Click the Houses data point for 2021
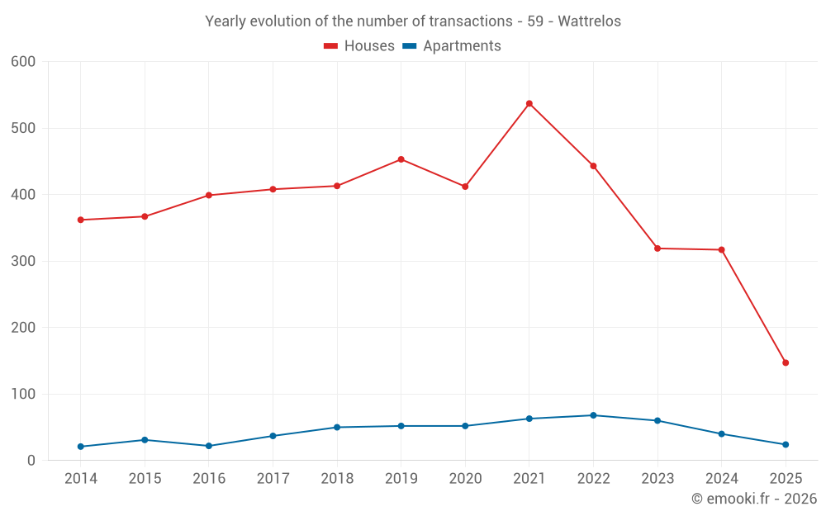529,104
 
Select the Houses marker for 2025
786,362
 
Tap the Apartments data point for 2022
593,415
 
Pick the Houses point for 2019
401,159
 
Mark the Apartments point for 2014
81,447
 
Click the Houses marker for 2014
81,220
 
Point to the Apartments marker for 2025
786,444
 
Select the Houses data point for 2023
657,249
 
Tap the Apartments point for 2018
337,427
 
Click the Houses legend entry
359,46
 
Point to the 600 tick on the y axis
24,62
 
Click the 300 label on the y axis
24,261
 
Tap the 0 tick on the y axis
31,461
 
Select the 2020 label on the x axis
465,479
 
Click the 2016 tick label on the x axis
209,479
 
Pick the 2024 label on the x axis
721,479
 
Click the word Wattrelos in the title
590,21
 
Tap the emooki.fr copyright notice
754,499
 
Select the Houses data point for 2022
593,166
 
